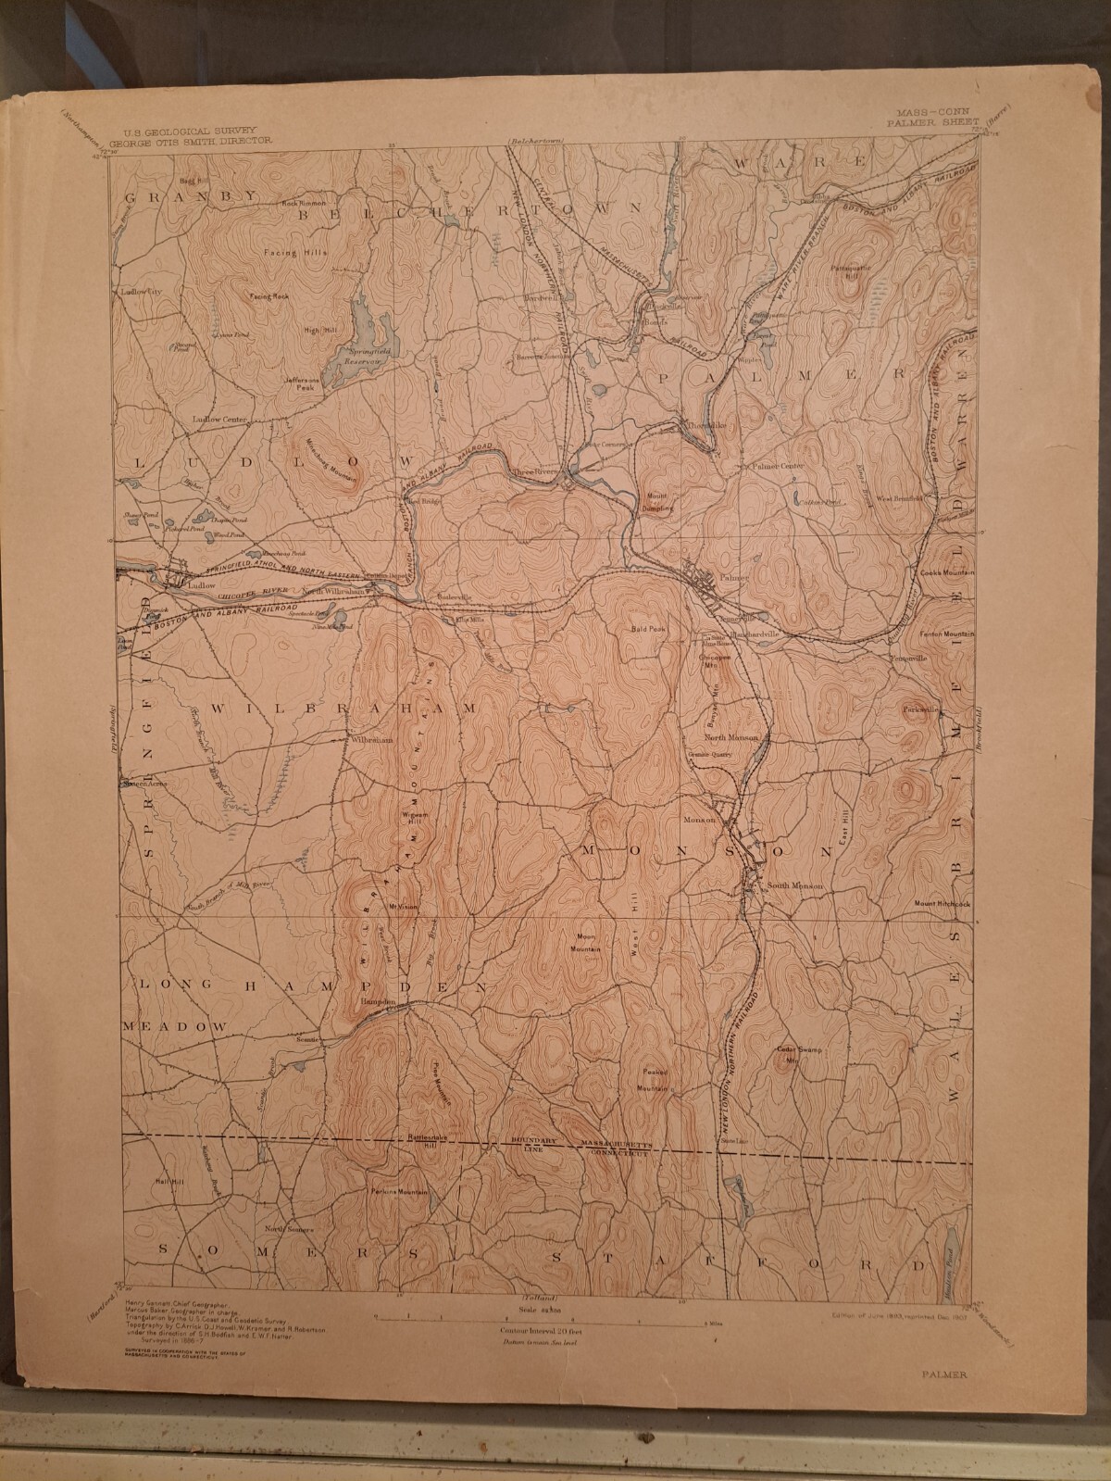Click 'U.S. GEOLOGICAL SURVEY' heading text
pos(183,132)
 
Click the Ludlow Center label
pos(220,419)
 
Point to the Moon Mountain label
pos(586,942)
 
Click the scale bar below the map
pos(537,1315)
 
